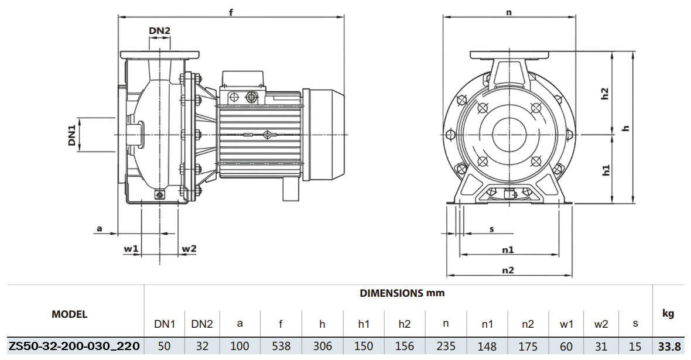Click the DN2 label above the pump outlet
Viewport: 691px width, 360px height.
pyautogui.click(x=159, y=30)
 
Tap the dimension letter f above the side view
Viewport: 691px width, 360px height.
pyautogui.click(x=231, y=12)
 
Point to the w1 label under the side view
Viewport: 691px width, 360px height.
pyautogui.click(x=131, y=249)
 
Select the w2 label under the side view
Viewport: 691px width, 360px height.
pyautogui.click(x=189, y=249)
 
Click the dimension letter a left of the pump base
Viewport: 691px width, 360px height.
pyautogui.click(x=100, y=228)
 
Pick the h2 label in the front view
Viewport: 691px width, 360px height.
pyautogui.click(x=606, y=94)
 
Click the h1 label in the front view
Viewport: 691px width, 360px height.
pyautogui.click(x=606, y=170)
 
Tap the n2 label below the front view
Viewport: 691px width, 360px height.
pyautogui.click(x=508, y=270)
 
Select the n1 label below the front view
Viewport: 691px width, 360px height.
pyautogui.click(x=508, y=249)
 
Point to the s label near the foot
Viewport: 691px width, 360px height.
pyautogui.click(x=492, y=228)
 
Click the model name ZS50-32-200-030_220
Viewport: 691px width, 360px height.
pyautogui.click(x=74, y=347)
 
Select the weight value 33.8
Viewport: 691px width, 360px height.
pyautogui.click(x=668, y=347)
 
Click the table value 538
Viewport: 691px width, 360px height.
pyautogui.click(x=282, y=347)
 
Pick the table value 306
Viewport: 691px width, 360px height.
pyautogui.click(x=322, y=347)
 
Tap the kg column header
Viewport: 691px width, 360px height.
pyautogui.click(x=668, y=314)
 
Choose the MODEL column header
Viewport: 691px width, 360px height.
pyautogui.click(x=70, y=314)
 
